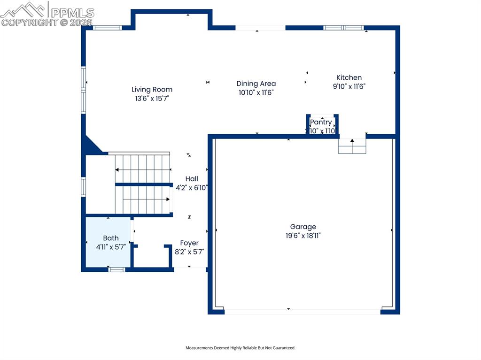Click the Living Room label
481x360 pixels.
tap(152, 89)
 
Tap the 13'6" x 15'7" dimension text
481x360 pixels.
tap(152, 99)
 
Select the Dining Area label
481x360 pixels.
tap(256, 84)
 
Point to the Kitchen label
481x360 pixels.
tap(349, 77)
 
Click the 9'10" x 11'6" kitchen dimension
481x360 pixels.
tap(349, 86)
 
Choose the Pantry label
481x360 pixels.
tap(321, 122)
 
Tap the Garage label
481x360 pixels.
tap(303, 227)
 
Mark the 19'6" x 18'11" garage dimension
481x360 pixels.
tap(303, 236)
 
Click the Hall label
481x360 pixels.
tap(192, 179)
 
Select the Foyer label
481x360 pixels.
tap(189, 243)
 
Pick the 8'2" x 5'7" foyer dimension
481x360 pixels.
tap(189, 252)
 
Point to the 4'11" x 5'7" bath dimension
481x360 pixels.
tap(111, 247)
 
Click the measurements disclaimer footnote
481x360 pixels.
tap(240, 348)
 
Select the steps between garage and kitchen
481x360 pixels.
tap(352, 147)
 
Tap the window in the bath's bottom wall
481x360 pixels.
tap(116, 269)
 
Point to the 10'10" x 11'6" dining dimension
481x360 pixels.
tap(256, 93)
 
